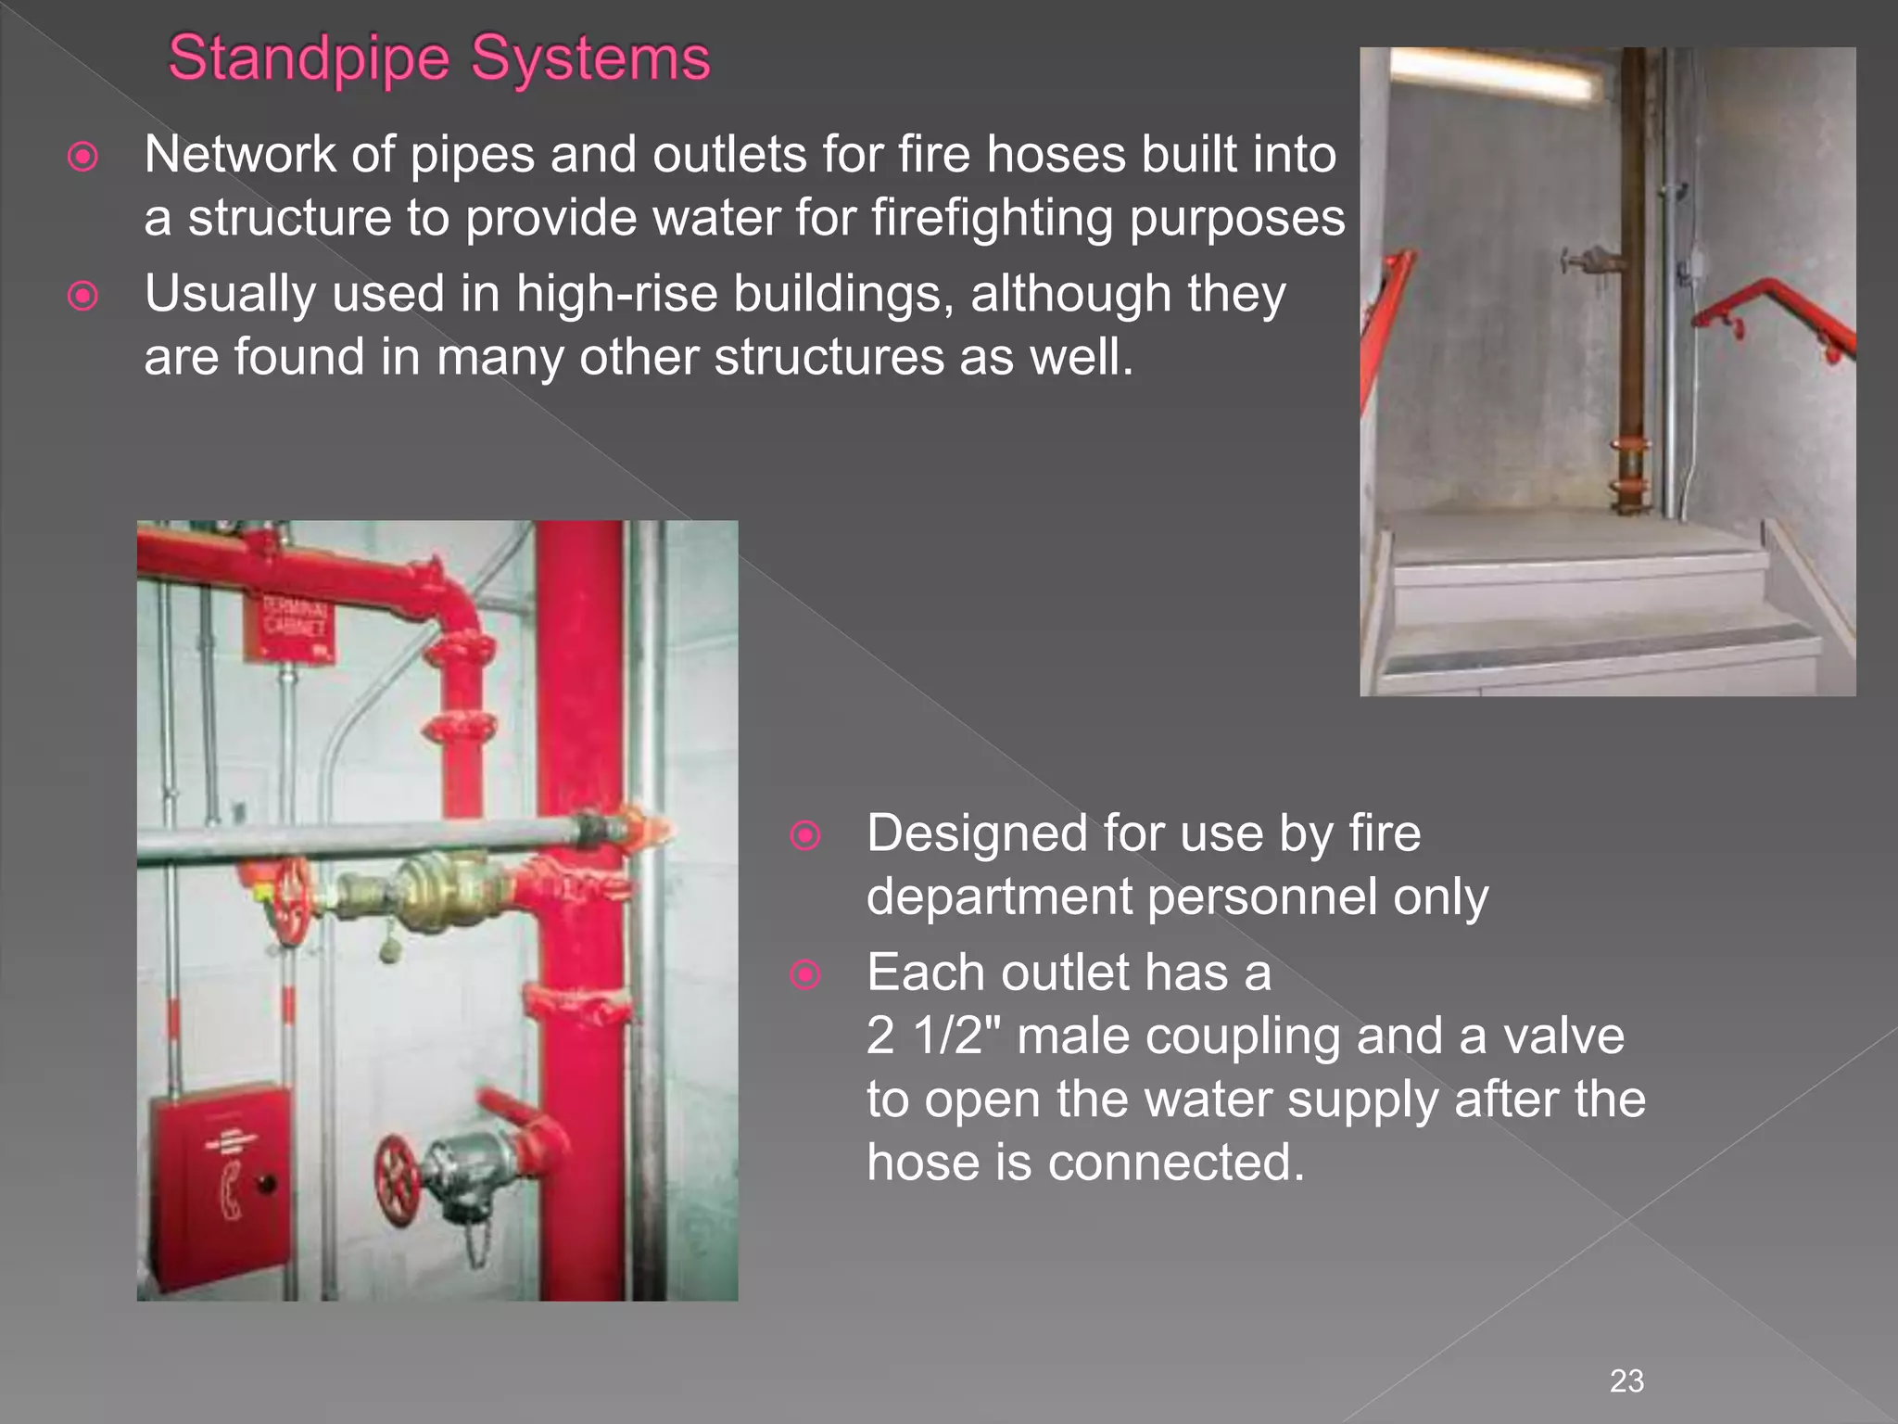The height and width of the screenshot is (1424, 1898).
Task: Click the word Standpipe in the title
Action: (309, 59)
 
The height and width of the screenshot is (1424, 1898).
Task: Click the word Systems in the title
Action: (590, 59)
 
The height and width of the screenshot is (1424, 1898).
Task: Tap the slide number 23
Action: (1626, 1380)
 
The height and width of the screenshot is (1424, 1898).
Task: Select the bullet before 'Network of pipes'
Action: (83, 157)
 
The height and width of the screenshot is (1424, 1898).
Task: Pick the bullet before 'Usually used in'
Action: (83, 297)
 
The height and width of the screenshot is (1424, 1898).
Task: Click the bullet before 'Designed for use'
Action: (805, 836)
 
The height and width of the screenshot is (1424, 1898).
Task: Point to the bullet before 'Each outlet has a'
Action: (805, 975)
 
